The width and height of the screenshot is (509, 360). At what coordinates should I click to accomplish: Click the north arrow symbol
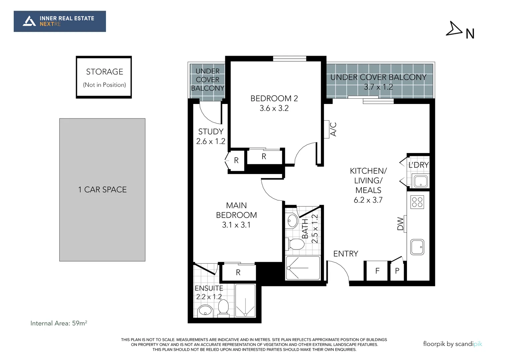click(454, 29)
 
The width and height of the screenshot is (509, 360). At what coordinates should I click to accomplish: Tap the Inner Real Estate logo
click(60, 21)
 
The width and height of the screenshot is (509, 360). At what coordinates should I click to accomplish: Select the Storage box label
click(104, 72)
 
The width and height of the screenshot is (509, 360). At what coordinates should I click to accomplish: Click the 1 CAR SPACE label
click(102, 190)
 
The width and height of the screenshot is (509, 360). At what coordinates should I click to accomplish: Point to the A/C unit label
click(333, 129)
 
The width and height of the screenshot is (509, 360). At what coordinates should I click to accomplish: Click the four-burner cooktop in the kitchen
click(417, 202)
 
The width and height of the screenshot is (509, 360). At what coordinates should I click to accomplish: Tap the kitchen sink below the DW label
click(417, 247)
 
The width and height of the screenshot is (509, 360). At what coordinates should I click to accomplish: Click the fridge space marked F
click(377, 271)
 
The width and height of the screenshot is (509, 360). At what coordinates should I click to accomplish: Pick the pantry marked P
click(397, 271)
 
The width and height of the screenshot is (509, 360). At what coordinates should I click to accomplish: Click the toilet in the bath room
click(295, 244)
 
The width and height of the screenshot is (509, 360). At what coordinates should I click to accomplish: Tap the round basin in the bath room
click(293, 220)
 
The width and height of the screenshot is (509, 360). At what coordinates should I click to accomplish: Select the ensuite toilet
click(223, 307)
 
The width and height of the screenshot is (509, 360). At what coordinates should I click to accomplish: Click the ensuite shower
click(245, 300)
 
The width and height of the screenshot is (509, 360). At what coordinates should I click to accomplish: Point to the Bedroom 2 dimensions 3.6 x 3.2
click(274, 108)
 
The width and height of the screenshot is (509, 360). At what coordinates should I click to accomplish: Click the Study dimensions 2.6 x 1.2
click(211, 141)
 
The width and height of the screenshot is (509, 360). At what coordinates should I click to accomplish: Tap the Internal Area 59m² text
click(59, 323)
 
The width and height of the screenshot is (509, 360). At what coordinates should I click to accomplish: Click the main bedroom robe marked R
click(238, 272)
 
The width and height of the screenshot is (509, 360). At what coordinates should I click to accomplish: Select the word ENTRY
click(346, 254)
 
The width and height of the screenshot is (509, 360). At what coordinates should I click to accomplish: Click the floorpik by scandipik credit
click(452, 344)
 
